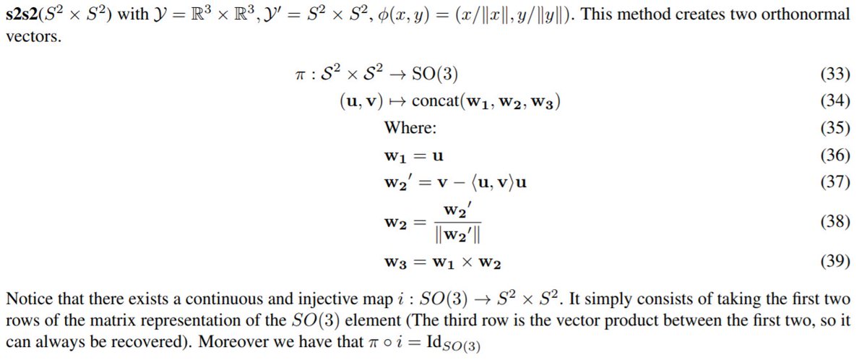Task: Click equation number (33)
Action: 834,74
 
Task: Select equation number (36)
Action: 834,155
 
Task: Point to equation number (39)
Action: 834,262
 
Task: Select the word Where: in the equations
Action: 410,128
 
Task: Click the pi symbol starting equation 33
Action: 293,74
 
